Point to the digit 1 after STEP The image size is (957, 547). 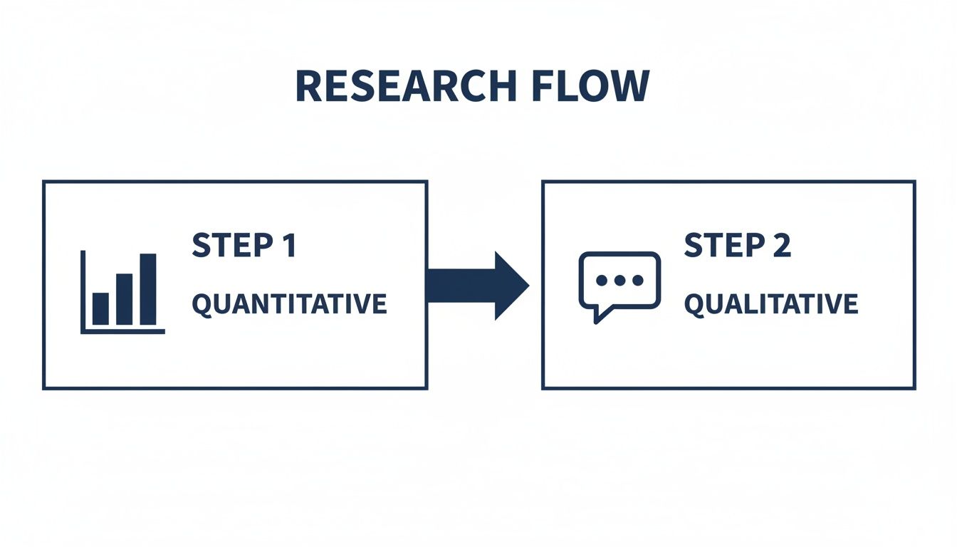tap(288, 246)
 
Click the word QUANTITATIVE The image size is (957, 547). tap(289, 304)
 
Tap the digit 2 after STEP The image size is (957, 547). tap(780, 246)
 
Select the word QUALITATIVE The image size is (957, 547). tap(770, 305)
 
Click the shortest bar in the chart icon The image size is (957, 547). tap(100, 308)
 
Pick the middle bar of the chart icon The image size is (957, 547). tap(124, 299)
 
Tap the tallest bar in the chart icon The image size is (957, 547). tap(148, 289)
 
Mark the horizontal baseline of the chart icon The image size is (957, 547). tap(123, 331)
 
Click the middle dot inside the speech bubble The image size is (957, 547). tap(619, 281)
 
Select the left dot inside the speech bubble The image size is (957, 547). tap(602, 281)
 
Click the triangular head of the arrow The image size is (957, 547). tap(511, 286)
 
